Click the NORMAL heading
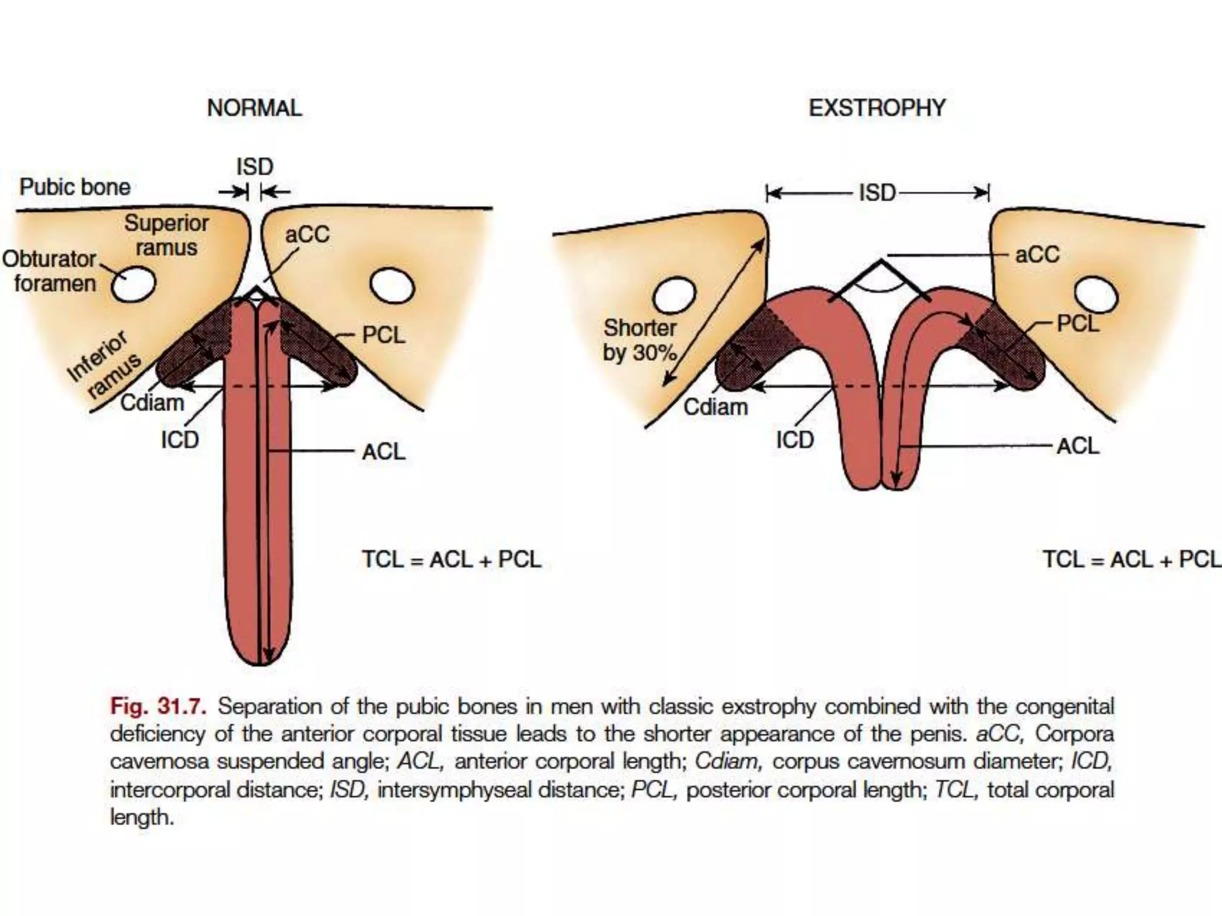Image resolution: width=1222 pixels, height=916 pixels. tap(254, 108)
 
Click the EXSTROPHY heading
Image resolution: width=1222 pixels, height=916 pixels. tap(877, 108)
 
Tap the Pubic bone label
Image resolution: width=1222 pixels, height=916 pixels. tap(75, 187)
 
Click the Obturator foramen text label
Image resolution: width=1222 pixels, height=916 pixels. tap(50, 271)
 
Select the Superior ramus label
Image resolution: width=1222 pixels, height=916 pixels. tap(166, 235)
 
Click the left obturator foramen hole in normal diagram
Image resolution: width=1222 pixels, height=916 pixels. tap(134, 284)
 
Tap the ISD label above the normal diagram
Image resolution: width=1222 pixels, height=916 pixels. tap(255, 166)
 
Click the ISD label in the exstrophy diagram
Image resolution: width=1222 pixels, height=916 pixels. tap(877, 193)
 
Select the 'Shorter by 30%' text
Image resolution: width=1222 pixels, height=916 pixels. tap(640, 340)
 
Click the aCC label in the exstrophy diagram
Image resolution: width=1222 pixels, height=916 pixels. tap(1037, 255)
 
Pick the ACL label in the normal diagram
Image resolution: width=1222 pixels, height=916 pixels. tap(383, 451)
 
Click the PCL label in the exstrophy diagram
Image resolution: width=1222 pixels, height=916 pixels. tap(1077, 324)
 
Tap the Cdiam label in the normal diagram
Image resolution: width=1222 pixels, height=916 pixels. tap(152, 403)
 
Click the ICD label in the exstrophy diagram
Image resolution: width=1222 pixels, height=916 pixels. tap(795, 440)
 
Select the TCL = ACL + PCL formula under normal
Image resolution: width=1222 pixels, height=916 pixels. tap(452, 559)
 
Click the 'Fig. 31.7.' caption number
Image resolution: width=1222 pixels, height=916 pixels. tap(158, 706)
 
